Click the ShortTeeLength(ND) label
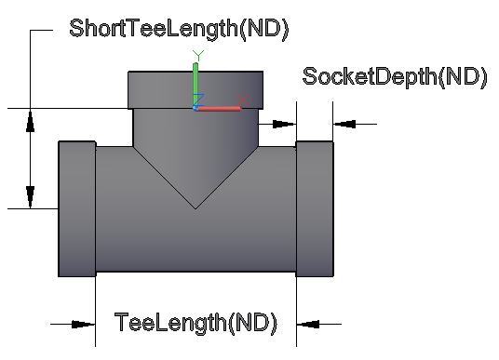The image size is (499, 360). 179,29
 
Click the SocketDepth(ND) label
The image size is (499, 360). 395,77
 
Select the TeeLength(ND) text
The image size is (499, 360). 196,323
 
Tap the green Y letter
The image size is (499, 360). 198,55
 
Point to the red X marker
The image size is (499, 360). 242,100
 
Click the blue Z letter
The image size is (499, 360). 198,100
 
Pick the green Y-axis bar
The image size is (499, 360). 196,86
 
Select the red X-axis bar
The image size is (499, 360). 218,109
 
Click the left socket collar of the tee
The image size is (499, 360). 77,209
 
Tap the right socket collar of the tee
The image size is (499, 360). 315,209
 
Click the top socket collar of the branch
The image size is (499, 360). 196,90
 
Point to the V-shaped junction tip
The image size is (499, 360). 196,209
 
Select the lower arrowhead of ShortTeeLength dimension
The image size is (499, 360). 30,197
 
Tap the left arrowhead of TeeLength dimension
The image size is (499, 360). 84,325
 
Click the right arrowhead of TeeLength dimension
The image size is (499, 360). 308,325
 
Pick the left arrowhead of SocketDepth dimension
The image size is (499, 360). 285,124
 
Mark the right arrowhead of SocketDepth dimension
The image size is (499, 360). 344,124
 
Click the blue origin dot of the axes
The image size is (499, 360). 196,109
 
